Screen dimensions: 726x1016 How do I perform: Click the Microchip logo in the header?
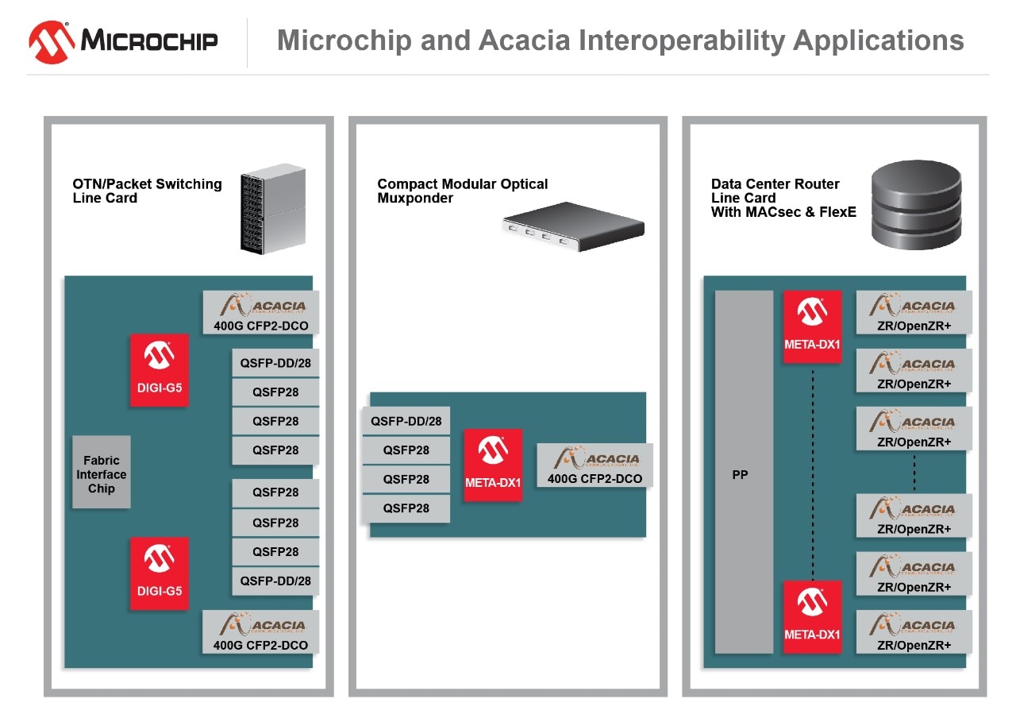coord(123,41)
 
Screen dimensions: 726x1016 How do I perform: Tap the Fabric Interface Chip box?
coord(102,474)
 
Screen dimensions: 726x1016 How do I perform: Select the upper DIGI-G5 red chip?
coord(160,370)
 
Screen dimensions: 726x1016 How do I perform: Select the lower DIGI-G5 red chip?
coord(160,573)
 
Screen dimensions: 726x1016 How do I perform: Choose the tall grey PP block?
coord(744,473)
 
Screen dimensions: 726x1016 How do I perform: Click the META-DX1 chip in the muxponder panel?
coord(493,465)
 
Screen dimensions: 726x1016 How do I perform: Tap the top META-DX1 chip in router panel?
coord(812,326)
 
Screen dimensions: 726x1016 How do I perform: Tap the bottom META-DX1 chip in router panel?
coord(812,617)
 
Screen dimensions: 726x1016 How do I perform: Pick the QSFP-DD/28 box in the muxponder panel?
coord(406,421)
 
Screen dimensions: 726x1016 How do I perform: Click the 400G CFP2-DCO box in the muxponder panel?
coord(595,465)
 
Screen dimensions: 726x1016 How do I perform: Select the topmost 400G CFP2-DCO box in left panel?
coord(260,312)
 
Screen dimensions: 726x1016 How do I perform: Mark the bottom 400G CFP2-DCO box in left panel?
coord(260,631)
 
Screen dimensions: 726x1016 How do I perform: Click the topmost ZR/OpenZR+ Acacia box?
coord(914,312)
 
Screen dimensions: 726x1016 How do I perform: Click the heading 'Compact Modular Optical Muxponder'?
coord(462,191)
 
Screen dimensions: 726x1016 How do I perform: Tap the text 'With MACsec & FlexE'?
coord(783,212)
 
